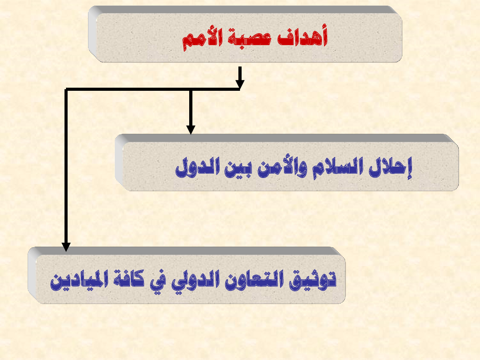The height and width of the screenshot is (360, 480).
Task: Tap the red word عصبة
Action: (x=250, y=38)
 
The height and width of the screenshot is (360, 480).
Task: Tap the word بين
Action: (x=238, y=170)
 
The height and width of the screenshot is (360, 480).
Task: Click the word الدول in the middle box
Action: (x=198, y=167)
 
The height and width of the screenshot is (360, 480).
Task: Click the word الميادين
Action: (x=79, y=280)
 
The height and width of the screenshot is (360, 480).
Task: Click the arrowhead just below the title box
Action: (x=240, y=84)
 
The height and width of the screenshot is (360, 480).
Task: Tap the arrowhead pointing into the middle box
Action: (x=191, y=130)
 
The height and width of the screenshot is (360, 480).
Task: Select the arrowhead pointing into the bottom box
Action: (x=66, y=247)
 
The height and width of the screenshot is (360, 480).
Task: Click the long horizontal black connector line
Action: (x=153, y=89)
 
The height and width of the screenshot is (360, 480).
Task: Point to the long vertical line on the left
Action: (x=66, y=166)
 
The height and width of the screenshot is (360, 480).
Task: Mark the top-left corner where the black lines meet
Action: (x=66, y=89)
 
